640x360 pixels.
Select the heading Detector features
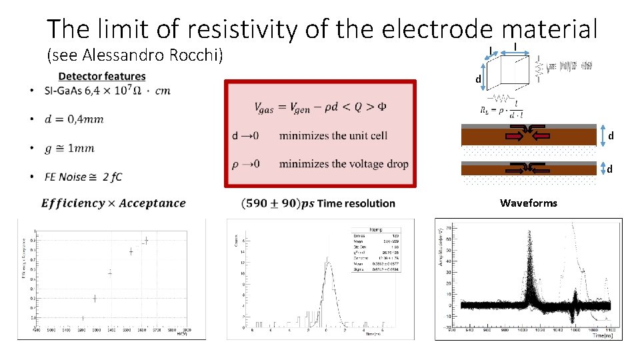[102, 77]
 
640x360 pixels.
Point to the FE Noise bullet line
[83, 177]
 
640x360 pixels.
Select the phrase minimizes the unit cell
[333, 136]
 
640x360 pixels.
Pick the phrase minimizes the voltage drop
[343, 164]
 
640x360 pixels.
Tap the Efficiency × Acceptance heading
[113, 203]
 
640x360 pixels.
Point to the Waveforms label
[529, 203]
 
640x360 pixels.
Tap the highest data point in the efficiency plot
[146, 240]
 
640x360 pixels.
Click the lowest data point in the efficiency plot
[83, 318]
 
